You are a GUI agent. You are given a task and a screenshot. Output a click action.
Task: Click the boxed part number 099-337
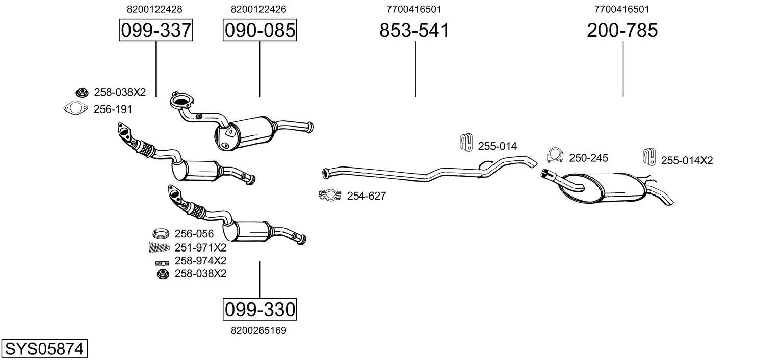[x=155, y=31]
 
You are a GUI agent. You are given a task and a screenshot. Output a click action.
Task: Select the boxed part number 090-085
[x=259, y=31]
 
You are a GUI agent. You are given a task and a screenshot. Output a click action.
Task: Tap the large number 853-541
[x=414, y=31]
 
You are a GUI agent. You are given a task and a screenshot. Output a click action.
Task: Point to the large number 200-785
[x=622, y=31]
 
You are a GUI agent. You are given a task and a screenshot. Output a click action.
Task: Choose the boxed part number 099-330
[x=259, y=309]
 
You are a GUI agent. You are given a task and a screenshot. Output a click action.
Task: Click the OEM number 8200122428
[x=154, y=9]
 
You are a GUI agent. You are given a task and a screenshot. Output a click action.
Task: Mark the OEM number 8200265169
[x=258, y=330]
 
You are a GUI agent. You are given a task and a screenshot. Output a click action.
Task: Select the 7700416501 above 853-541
[x=414, y=9]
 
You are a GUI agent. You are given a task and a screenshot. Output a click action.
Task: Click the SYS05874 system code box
[x=44, y=349]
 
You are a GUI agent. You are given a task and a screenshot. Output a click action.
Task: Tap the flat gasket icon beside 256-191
[x=75, y=109]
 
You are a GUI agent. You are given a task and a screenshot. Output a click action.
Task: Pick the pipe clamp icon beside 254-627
[x=330, y=196]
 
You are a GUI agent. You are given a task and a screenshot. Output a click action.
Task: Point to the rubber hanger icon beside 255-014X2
[x=649, y=157]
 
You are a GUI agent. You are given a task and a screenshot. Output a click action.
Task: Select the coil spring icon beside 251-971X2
[x=159, y=248]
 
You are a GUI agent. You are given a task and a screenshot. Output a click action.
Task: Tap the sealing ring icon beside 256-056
[x=161, y=234]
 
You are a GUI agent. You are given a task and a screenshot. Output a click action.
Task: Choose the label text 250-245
[x=588, y=158]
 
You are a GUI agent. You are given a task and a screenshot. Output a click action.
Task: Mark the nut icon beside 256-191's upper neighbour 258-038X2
[x=81, y=93]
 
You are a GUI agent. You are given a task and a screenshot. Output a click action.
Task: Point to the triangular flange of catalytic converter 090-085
[x=179, y=101]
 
